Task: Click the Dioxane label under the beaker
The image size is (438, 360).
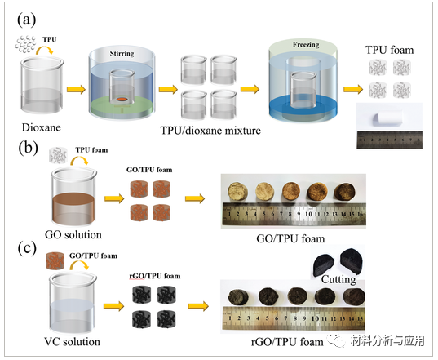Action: [x=40, y=127]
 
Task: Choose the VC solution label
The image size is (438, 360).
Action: [x=75, y=341]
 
